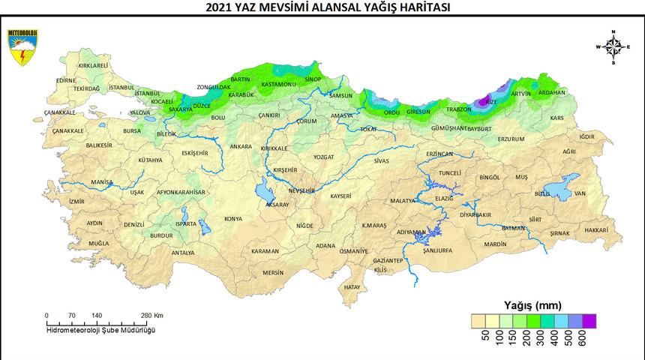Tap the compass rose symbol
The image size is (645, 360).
(x=613, y=47)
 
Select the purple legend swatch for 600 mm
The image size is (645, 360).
(x=589, y=320)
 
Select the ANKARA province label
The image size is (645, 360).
(x=241, y=146)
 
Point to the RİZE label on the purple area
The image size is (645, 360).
(x=491, y=101)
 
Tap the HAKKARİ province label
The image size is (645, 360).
(x=596, y=229)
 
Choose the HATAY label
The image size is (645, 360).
(x=352, y=286)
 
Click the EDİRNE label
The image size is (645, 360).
(x=66, y=80)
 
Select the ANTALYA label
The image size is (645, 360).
(x=183, y=253)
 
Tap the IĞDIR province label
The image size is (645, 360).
(x=586, y=136)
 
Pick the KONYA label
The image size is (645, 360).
(x=233, y=219)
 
